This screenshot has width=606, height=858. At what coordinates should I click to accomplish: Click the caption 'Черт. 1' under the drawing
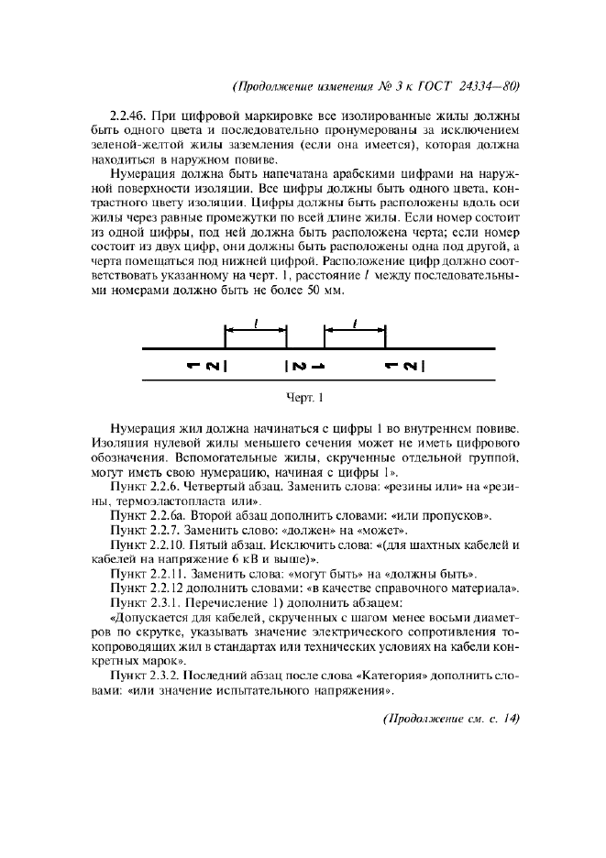(x=303, y=398)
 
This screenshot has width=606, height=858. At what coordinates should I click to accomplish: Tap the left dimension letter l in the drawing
(x=256, y=322)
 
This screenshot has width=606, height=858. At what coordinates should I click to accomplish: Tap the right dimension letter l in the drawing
(x=355, y=322)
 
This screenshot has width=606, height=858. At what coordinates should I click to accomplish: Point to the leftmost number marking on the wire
(x=206, y=367)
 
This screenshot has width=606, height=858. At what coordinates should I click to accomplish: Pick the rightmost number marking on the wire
(x=403, y=367)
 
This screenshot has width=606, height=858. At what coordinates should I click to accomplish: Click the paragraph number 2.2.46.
(x=127, y=116)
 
